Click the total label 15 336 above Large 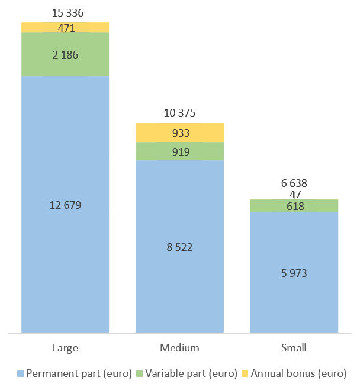pyautogui.click(x=67, y=13)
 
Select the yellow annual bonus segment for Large pyautogui.click(x=65, y=27)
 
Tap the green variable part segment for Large pyautogui.click(x=65, y=54)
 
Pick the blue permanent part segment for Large pyautogui.click(x=65, y=205)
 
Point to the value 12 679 pyautogui.click(x=65, y=205)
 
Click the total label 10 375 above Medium pyautogui.click(x=179, y=113)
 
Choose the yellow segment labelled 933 pyautogui.click(x=180, y=133)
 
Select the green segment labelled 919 pyautogui.click(x=180, y=151)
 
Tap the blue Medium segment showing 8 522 pyautogui.click(x=180, y=247)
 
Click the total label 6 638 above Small pyautogui.click(x=294, y=183)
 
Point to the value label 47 pyautogui.click(x=295, y=195)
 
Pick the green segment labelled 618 pyautogui.click(x=294, y=205)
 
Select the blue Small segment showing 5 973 pyautogui.click(x=294, y=272)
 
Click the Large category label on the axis pyautogui.click(x=66, y=348)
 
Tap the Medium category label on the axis pyautogui.click(x=179, y=348)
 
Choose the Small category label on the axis pyautogui.click(x=294, y=348)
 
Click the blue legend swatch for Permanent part pyautogui.click(x=20, y=373)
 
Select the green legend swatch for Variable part pyautogui.click(x=140, y=373)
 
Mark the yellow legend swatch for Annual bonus pyautogui.click(x=245, y=373)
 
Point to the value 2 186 pyautogui.click(x=65, y=55)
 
